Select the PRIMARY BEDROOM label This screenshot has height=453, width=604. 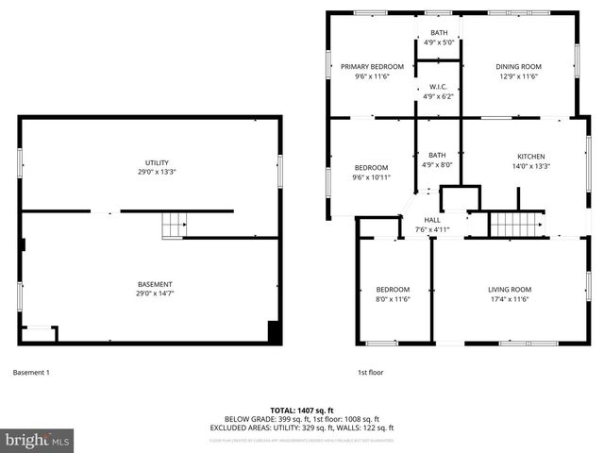click(x=372, y=66)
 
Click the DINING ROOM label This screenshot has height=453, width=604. click(x=519, y=66)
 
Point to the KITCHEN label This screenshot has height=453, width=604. click(x=530, y=157)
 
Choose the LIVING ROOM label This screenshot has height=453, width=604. click(x=510, y=289)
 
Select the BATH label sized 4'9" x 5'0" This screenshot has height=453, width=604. click(x=440, y=33)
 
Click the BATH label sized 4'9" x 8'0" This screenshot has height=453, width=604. click(x=437, y=156)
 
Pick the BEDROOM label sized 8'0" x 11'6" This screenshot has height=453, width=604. click(x=393, y=289)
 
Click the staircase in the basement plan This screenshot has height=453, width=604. click(x=173, y=226)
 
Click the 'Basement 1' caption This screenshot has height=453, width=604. click(x=31, y=372)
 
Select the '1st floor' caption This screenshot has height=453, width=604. click(x=370, y=372)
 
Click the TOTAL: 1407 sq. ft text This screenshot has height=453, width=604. click(x=302, y=411)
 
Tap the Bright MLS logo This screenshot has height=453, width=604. click(x=38, y=441)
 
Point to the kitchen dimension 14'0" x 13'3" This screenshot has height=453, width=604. click(x=530, y=166)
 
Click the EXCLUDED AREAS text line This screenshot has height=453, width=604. click(x=302, y=428)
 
